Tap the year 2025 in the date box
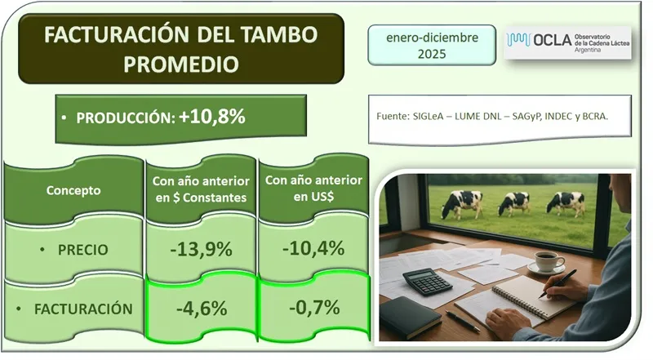coord(433,54)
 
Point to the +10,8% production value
coord(212,117)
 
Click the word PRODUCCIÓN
coord(125,118)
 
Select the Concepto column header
coord(73,190)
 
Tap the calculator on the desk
coord(426,282)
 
